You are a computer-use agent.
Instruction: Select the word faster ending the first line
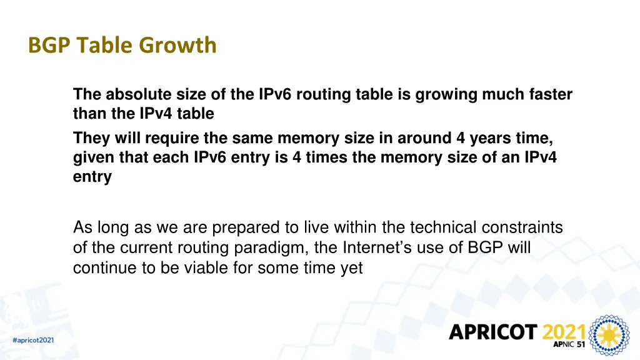(551, 95)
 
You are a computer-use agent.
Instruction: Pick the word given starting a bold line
(93, 158)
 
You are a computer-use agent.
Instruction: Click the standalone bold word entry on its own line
(92, 177)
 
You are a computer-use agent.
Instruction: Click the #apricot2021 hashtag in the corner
(33, 341)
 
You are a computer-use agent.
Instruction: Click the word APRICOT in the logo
(493, 332)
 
